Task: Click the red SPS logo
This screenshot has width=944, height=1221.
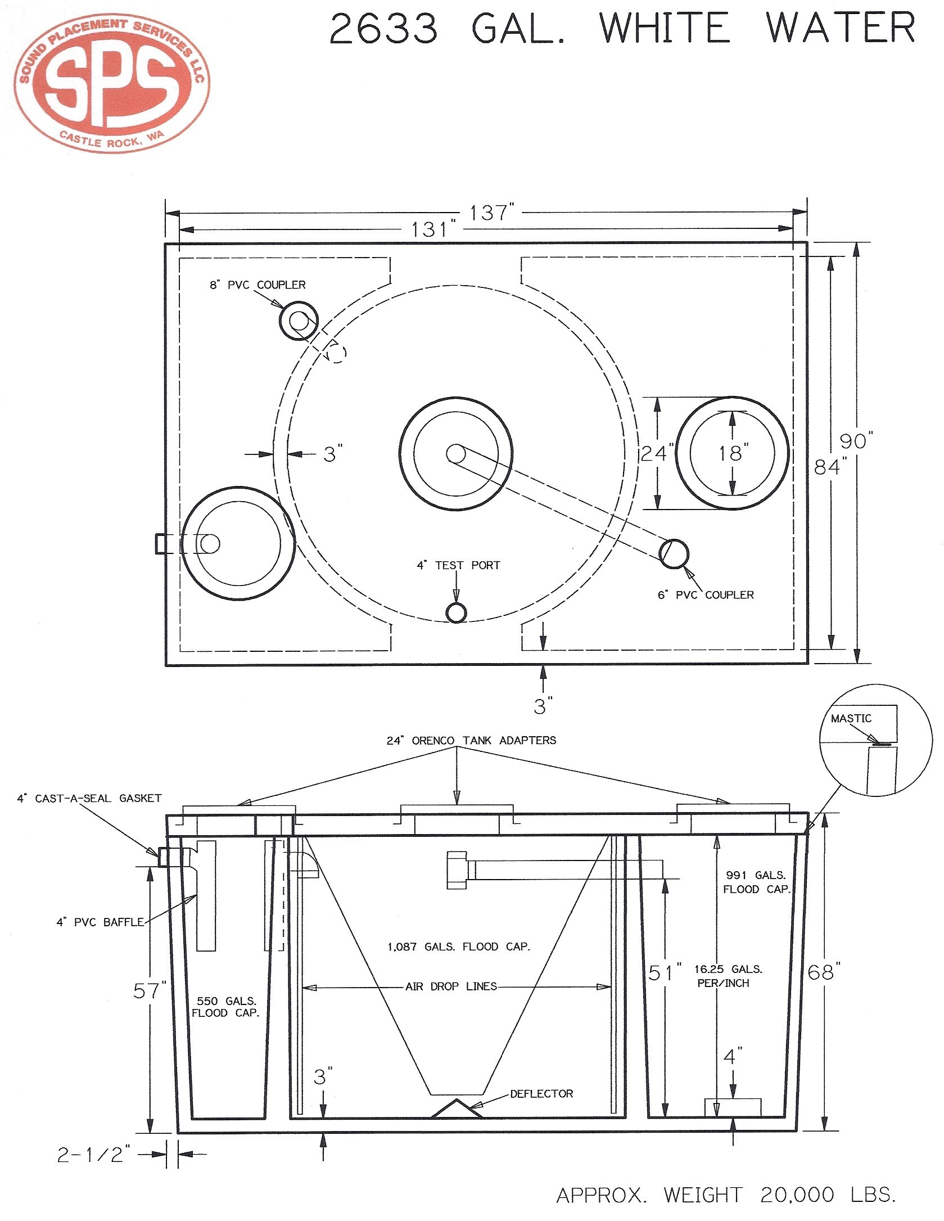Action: point(111,83)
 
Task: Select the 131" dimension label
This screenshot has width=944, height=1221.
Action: point(432,229)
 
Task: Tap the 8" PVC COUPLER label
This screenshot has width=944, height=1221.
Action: point(258,285)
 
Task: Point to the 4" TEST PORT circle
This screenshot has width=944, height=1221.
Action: point(456,613)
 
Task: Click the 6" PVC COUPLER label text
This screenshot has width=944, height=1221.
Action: point(706,595)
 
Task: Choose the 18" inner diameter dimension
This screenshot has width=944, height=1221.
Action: point(733,453)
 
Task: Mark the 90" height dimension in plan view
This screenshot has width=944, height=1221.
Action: point(856,441)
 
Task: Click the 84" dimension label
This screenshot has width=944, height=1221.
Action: point(830,467)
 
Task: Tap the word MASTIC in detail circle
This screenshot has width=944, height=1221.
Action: point(851,718)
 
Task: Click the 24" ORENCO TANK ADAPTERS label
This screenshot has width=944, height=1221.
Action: point(471,741)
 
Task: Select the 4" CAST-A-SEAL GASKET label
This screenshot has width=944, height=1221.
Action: point(89,798)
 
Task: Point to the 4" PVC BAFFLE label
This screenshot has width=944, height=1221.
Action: point(100,922)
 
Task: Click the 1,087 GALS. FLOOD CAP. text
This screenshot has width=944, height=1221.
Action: point(459,947)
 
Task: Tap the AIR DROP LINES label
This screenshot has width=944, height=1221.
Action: point(451,986)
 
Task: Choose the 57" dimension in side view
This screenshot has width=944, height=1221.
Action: point(150,990)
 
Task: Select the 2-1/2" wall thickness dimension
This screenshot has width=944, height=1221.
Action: point(94,1154)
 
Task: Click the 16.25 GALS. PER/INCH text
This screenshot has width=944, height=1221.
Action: point(728,976)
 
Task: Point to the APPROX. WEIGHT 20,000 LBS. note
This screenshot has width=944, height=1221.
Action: point(725,1195)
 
